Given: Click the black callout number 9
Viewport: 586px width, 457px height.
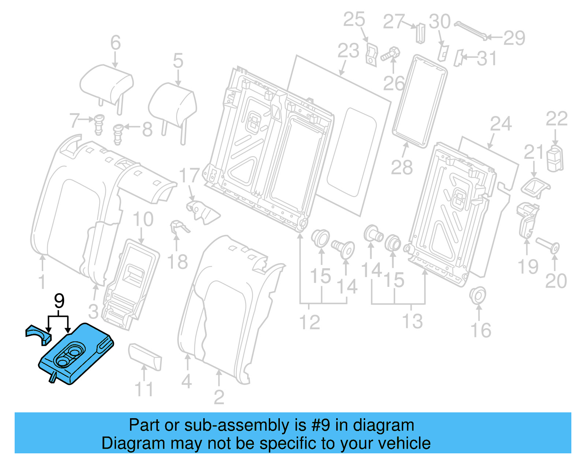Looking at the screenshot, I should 59,301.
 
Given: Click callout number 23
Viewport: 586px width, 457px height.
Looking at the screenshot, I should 348,50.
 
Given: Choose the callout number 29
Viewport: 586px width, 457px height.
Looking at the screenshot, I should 514,38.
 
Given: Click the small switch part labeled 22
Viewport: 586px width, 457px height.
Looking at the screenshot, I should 555,159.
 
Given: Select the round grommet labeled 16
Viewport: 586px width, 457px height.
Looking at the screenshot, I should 478,295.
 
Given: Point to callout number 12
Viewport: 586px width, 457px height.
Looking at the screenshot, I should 309,322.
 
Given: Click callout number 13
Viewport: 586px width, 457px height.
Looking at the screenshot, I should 412,321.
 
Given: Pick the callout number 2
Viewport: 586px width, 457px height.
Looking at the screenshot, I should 219,397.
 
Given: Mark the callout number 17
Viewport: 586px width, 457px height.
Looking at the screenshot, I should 189,176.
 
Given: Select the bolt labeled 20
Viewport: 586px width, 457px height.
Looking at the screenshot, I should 548,246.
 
